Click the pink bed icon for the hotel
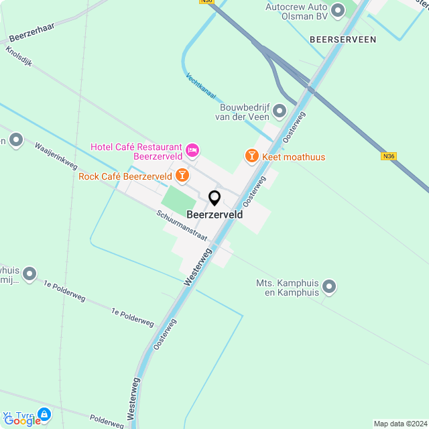pyautogui.click(x=192, y=149)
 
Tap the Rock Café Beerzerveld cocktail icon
pyautogui.click(x=182, y=176)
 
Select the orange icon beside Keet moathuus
pyautogui.click(x=251, y=156)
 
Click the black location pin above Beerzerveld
pyautogui.click(x=214, y=198)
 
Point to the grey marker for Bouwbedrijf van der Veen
pyautogui.click(x=280, y=111)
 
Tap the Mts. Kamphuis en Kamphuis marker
pyautogui.click(x=329, y=288)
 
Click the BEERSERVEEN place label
pyautogui.click(x=343, y=40)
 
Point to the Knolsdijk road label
pyautogui.click(x=19, y=58)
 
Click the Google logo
pyautogui.click(x=22, y=420)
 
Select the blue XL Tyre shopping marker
pyautogui.click(x=44, y=415)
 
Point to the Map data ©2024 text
pyautogui.click(x=401, y=424)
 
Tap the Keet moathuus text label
pyautogui.click(x=294, y=157)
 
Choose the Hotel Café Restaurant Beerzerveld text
pyautogui.click(x=137, y=151)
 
